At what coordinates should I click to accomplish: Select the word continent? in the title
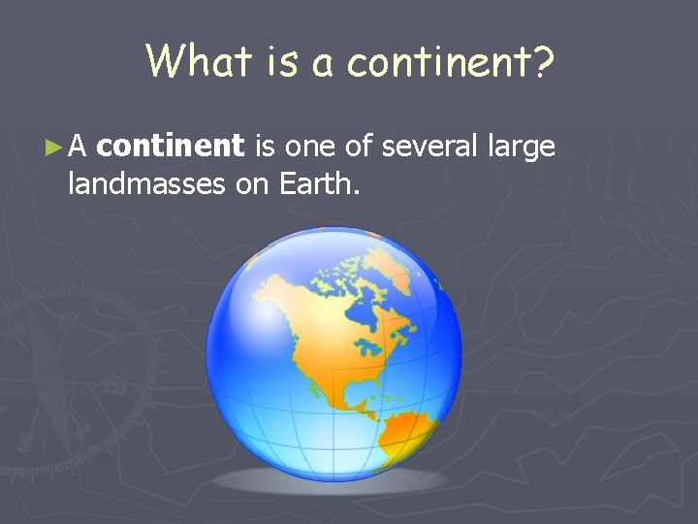coord(451,61)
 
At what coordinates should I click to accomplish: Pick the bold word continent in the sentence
coord(172,147)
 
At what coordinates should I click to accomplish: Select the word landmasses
coord(147,182)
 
